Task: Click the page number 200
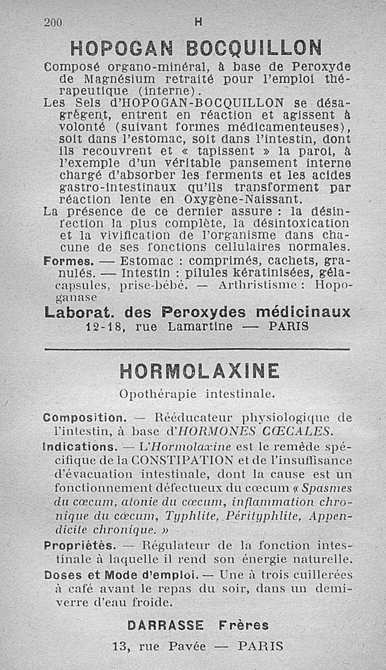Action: (54, 22)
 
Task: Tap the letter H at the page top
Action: (197, 22)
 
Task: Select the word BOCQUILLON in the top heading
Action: (254, 48)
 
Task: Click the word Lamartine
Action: (200, 327)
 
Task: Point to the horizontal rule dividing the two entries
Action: (197, 349)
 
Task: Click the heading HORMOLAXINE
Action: (199, 372)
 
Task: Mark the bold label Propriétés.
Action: (79, 546)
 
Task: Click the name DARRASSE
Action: (165, 625)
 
